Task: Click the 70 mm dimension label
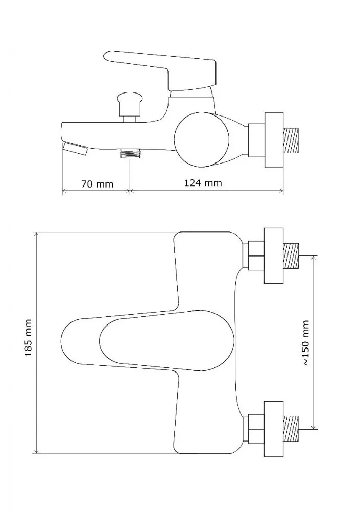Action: click(x=97, y=184)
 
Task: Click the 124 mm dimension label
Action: click(x=203, y=182)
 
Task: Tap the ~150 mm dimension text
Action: click(x=305, y=342)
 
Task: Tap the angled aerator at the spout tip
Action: click(x=75, y=148)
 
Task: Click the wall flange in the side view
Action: click(x=274, y=140)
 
